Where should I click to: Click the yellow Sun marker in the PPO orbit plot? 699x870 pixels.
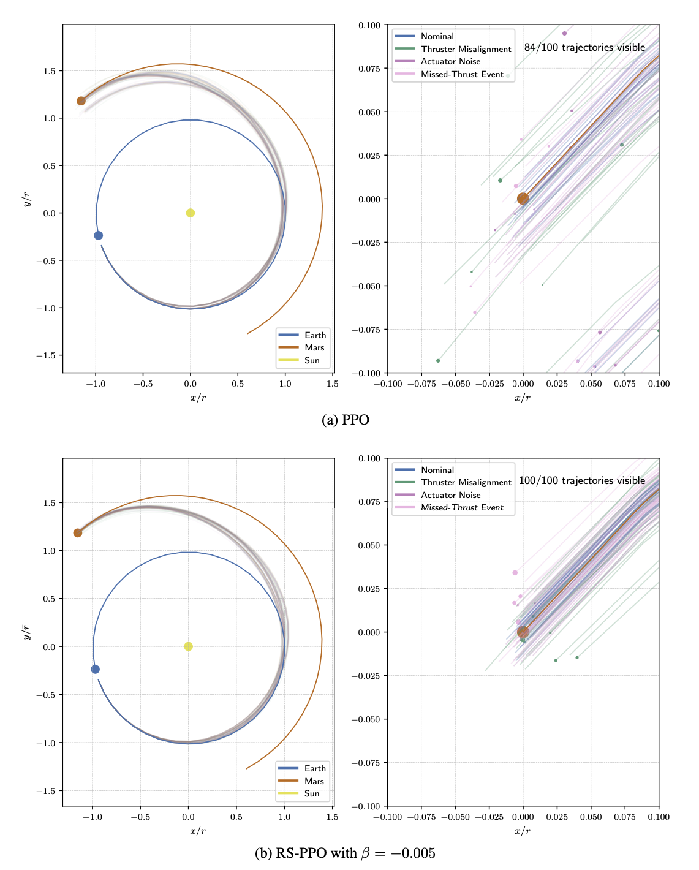coord(191,213)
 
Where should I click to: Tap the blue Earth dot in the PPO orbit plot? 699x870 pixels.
coord(99,235)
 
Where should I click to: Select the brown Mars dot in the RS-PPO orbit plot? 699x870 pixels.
coord(78,533)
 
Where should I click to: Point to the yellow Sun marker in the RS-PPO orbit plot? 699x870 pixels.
coord(189,646)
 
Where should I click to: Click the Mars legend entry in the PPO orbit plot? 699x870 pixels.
coord(314,347)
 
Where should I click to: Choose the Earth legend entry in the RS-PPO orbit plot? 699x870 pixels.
coord(315,768)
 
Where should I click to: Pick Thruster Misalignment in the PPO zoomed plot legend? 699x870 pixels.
coord(466,49)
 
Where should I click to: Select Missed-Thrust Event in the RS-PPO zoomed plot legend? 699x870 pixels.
coord(462,507)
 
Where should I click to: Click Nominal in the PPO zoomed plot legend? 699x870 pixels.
coord(437,36)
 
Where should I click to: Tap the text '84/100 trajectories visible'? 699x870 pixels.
coord(584,47)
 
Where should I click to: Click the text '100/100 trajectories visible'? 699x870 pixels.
coord(581,480)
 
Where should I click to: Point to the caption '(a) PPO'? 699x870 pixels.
coord(346,420)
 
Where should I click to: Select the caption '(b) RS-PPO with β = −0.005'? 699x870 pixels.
coord(345,853)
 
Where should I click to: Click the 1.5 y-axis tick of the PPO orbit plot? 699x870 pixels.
coord(49,71)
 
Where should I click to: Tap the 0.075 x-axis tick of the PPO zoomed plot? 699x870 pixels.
coord(625,384)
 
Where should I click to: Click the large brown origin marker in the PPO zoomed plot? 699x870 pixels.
coord(523,199)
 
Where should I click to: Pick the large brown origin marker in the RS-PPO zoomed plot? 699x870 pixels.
coord(523,632)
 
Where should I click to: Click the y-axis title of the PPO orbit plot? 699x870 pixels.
coord(26,199)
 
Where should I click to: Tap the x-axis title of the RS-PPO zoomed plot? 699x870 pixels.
coord(523,831)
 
